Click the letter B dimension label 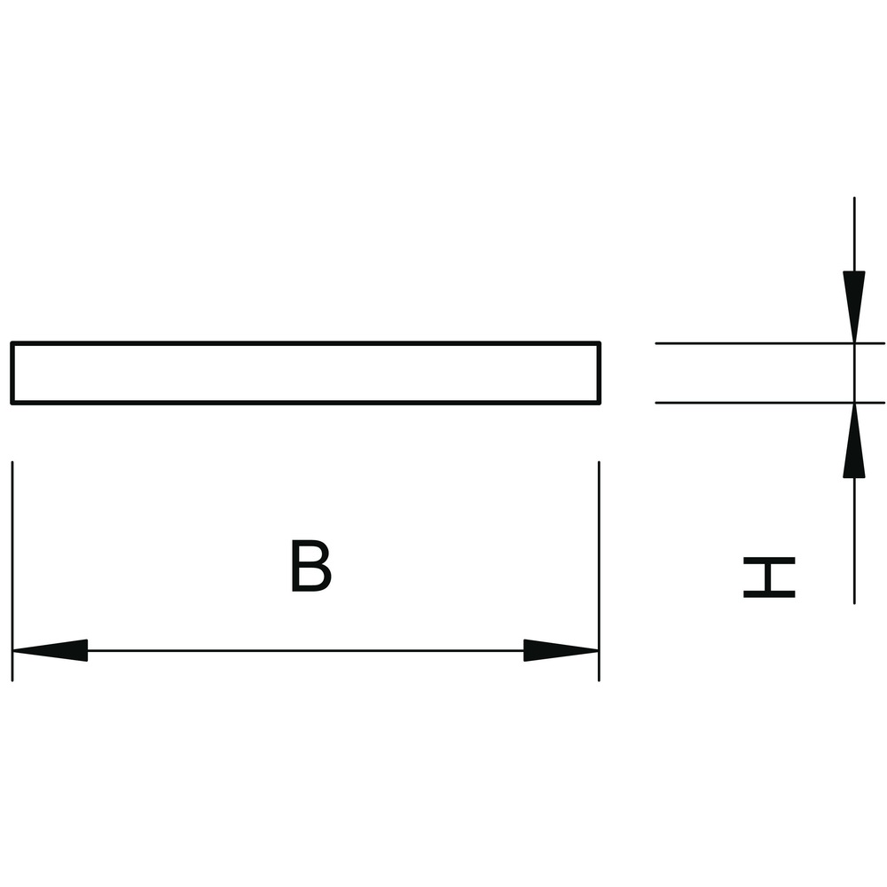pos(310,566)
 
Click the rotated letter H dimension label pos(769,577)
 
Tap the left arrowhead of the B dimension pos(50,650)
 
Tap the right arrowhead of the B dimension pos(561,650)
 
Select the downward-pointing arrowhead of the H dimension pos(854,307)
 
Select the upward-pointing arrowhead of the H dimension pos(854,440)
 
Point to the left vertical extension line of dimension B pos(12,571)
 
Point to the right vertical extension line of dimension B pos(599,571)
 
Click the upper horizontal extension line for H pos(770,343)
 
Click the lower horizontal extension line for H pos(770,403)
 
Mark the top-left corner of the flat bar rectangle pos(12,342)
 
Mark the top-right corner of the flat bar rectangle pos(599,342)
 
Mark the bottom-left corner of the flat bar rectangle pos(12,403)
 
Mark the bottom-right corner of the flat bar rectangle pos(599,403)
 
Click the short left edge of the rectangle pos(12,373)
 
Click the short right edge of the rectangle pos(599,373)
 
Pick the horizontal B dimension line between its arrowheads pos(305,650)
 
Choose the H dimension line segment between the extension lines pos(854,373)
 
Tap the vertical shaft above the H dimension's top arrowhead pos(854,234)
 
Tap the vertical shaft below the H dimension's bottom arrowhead pos(854,541)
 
